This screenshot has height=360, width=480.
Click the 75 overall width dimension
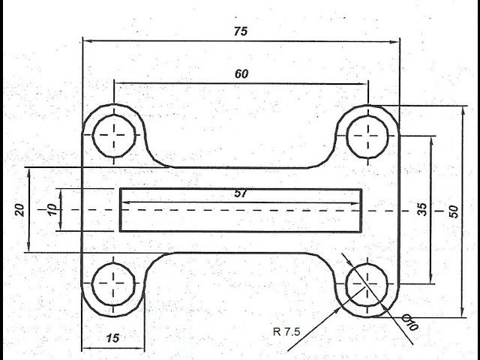[241, 31]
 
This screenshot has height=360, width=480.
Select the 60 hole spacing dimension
[241, 73]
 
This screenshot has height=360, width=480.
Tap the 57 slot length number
[241, 193]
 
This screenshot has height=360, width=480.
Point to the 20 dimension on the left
[20, 210]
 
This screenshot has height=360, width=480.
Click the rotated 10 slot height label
[52, 210]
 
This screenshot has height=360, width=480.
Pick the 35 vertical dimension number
[422, 209]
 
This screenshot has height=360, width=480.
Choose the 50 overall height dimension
[454, 211]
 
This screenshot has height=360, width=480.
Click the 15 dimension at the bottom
[112, 338]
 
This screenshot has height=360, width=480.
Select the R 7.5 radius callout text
[286, 331]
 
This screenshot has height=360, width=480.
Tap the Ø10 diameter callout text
[410, 322]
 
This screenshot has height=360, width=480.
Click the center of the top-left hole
[114, 135]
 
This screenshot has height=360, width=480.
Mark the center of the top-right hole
[367, 136]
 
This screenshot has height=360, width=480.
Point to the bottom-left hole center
[113, 283]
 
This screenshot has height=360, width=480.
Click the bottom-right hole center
[367, 284]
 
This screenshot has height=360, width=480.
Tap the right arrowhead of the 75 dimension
[396, 42]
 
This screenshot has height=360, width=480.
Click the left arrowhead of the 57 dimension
[126, 202]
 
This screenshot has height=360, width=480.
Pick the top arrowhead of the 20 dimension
[28, 172]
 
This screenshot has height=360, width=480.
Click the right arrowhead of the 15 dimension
[140, 348]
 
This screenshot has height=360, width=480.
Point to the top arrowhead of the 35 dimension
[432, 141]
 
